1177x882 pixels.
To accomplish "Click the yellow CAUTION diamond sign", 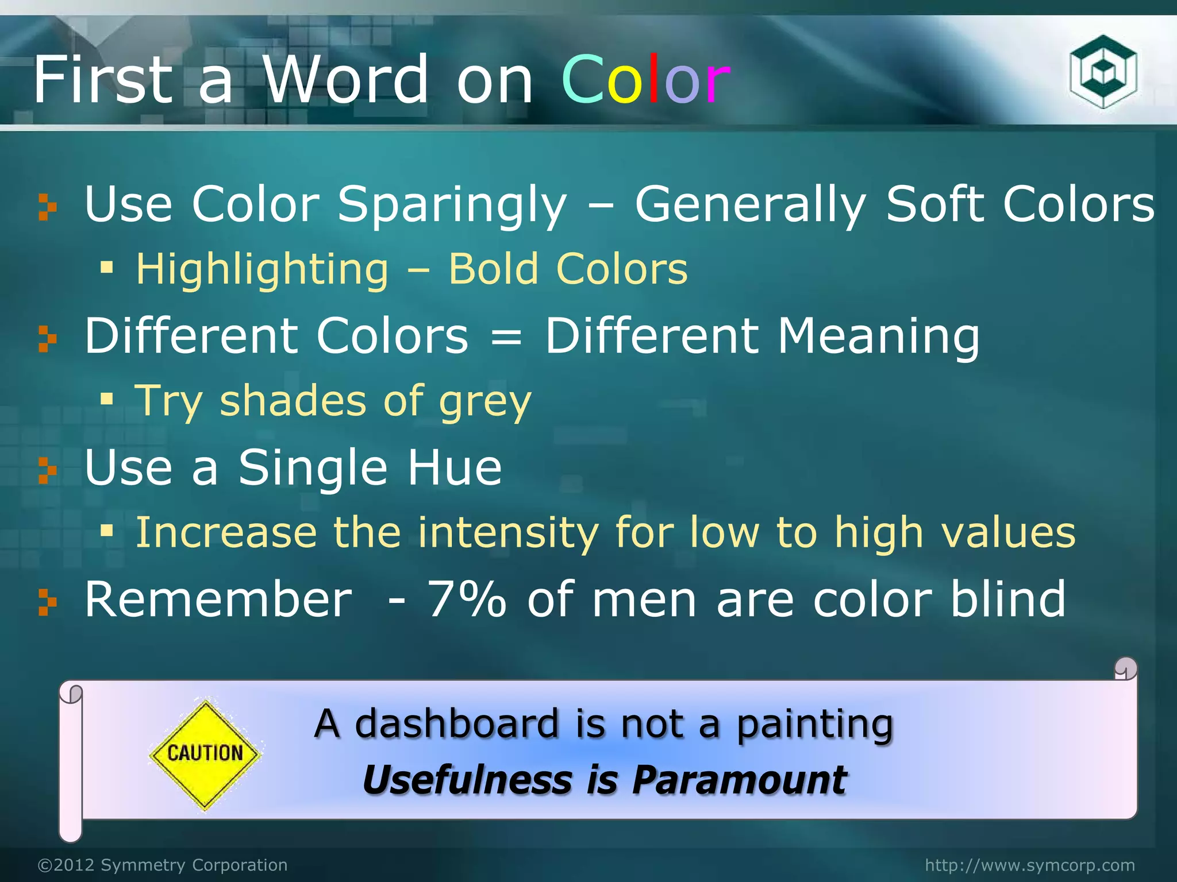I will click(x=205, y=754).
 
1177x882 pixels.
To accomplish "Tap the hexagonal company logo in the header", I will click(x=1103, y=72).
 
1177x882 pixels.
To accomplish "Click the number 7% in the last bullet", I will click(x=467, y=599).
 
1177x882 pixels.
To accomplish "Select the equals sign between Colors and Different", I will click(x=506, y=338).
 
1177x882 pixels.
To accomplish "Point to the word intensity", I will click(x=508, y=533).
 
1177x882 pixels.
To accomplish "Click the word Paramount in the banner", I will click(x=739, y=781).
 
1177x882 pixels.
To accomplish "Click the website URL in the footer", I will click(x=1029, y=865).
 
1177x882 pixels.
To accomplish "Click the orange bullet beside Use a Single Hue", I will click(x=48, y=470).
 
